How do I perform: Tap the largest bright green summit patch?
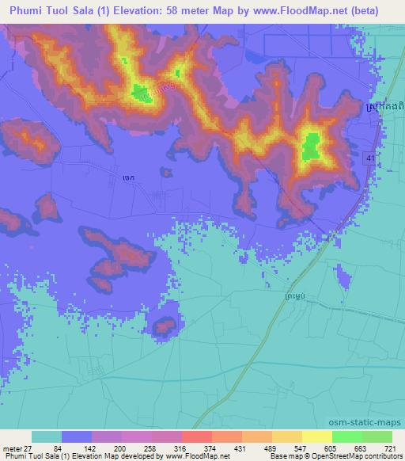(311, 146)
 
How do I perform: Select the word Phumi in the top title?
(45, 10)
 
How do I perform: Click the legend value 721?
(392, 448)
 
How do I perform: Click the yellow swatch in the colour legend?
(317, 436)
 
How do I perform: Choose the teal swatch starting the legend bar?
(47, 436)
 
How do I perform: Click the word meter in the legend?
(13, 448)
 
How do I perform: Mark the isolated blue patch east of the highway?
(343, 276)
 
